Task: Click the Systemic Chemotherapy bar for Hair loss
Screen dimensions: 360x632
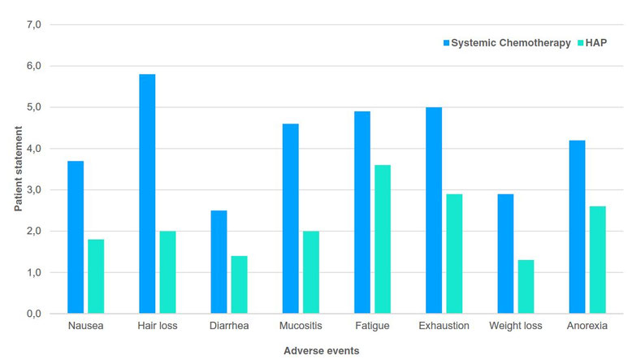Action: (x=147, y=193)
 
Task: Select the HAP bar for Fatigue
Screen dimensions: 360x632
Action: (x=383, y=239)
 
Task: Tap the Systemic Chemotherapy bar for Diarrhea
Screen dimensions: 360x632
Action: (x=219, y=262)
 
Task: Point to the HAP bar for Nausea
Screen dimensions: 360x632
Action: (x=96, y=276)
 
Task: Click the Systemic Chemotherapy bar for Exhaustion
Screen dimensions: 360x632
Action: (x=434, y=210)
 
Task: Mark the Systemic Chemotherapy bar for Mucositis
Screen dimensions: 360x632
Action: (x=290, y=218)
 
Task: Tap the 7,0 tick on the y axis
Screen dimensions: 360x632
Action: (x=33, y=24)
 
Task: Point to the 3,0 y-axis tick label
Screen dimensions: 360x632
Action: (x=33, y=190)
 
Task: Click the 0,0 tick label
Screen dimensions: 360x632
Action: (x=33, y=314)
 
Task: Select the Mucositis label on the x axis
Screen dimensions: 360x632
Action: (x=300, y=327)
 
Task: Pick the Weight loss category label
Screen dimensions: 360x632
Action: (x=515, y=327)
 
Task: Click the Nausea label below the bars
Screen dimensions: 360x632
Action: (x=85, y=327)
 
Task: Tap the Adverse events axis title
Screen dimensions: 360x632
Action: (x=322, y=351)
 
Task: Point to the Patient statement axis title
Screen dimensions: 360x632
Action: (x=18, y=169)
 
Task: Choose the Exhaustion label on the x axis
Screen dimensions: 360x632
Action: (x=444, y=327)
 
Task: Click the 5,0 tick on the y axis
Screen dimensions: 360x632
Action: (x=33, y=107)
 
